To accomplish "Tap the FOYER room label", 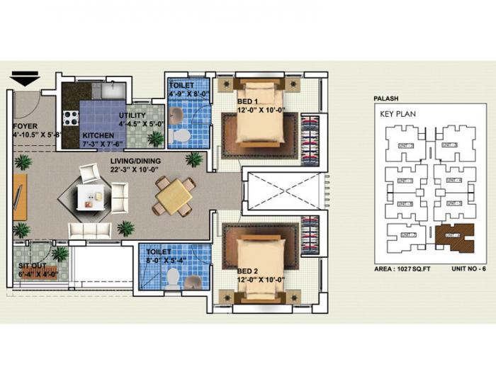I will (25, 128).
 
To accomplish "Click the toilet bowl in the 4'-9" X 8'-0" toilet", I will (181, 135).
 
